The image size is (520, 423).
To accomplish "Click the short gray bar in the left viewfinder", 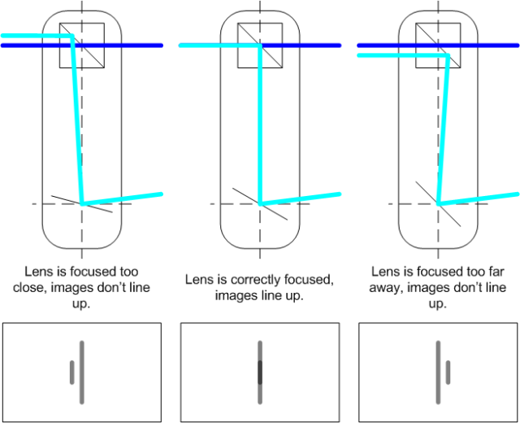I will pyautogui.click(x=71, y=373).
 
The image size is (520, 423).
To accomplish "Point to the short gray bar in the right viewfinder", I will pyautogui.click(x=448, y=373).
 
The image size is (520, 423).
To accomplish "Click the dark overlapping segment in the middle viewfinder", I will pyautogui.click(x=260, y=373).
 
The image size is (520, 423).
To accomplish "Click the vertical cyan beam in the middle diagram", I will pyautogui.click(x=260, y=122).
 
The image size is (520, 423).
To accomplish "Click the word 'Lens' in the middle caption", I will pyautogui.click(x=199, y=281).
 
